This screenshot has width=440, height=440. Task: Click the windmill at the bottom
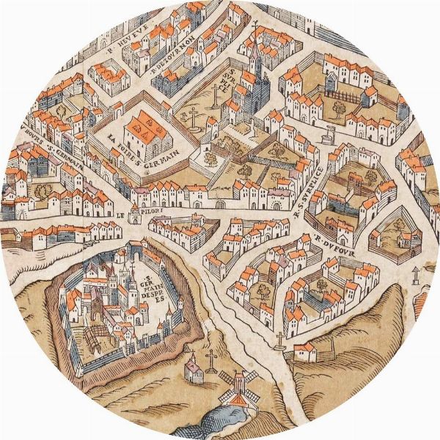tap(237, 385)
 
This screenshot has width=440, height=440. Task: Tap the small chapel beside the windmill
tap(193, 370)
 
